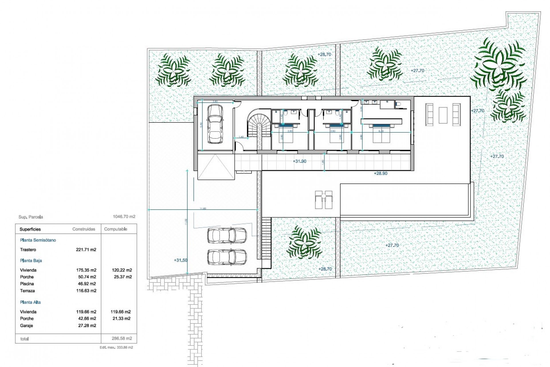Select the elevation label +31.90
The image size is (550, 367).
coord(299,161)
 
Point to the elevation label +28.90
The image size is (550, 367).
coord(380,173)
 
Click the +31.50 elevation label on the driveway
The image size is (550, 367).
coord(180,260)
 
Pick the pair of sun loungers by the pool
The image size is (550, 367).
coord(324,200)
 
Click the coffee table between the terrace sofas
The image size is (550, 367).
coord(443,115)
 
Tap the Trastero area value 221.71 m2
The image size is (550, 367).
coord(86,250)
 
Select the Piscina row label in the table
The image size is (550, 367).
coord(27,284)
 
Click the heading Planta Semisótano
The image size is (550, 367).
coord(38,240)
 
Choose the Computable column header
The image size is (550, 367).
coord(115,229)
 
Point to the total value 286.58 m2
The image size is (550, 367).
coord(122,338)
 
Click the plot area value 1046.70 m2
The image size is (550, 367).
coord(124,217)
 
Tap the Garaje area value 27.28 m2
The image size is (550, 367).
coord(87,326)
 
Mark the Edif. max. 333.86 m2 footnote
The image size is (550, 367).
coord(116,348)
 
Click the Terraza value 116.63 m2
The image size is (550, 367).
coord(86,291)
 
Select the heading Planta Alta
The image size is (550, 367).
coord(30,302)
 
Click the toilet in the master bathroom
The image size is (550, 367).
coord(398,105)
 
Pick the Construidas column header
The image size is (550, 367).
coord(84,229)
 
